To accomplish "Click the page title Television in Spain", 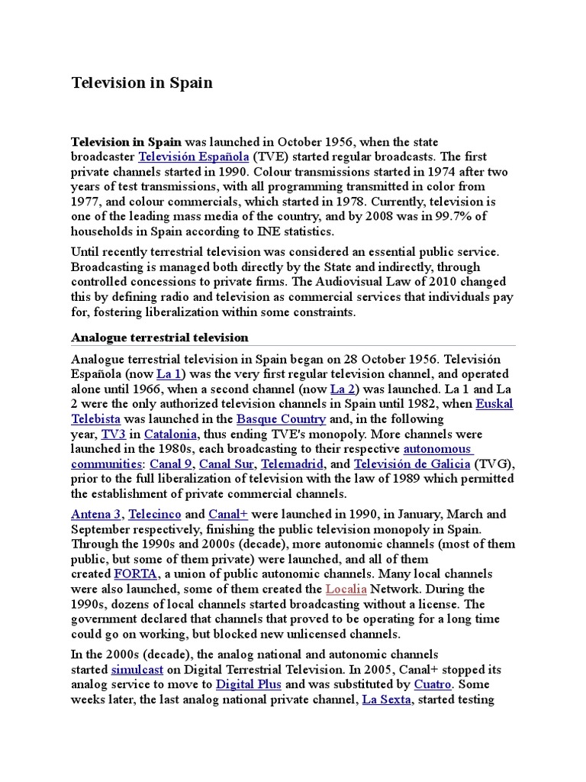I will (x=142, y=82).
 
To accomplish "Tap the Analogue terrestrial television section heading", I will (x=159, y=337).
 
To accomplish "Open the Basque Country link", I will (x=282, y=419).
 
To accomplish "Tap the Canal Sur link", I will (x=227, y=464).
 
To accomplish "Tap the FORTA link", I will (x=134, y=574).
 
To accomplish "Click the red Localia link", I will (x=346, y=589).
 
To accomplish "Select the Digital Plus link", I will (x=249, y=684).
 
